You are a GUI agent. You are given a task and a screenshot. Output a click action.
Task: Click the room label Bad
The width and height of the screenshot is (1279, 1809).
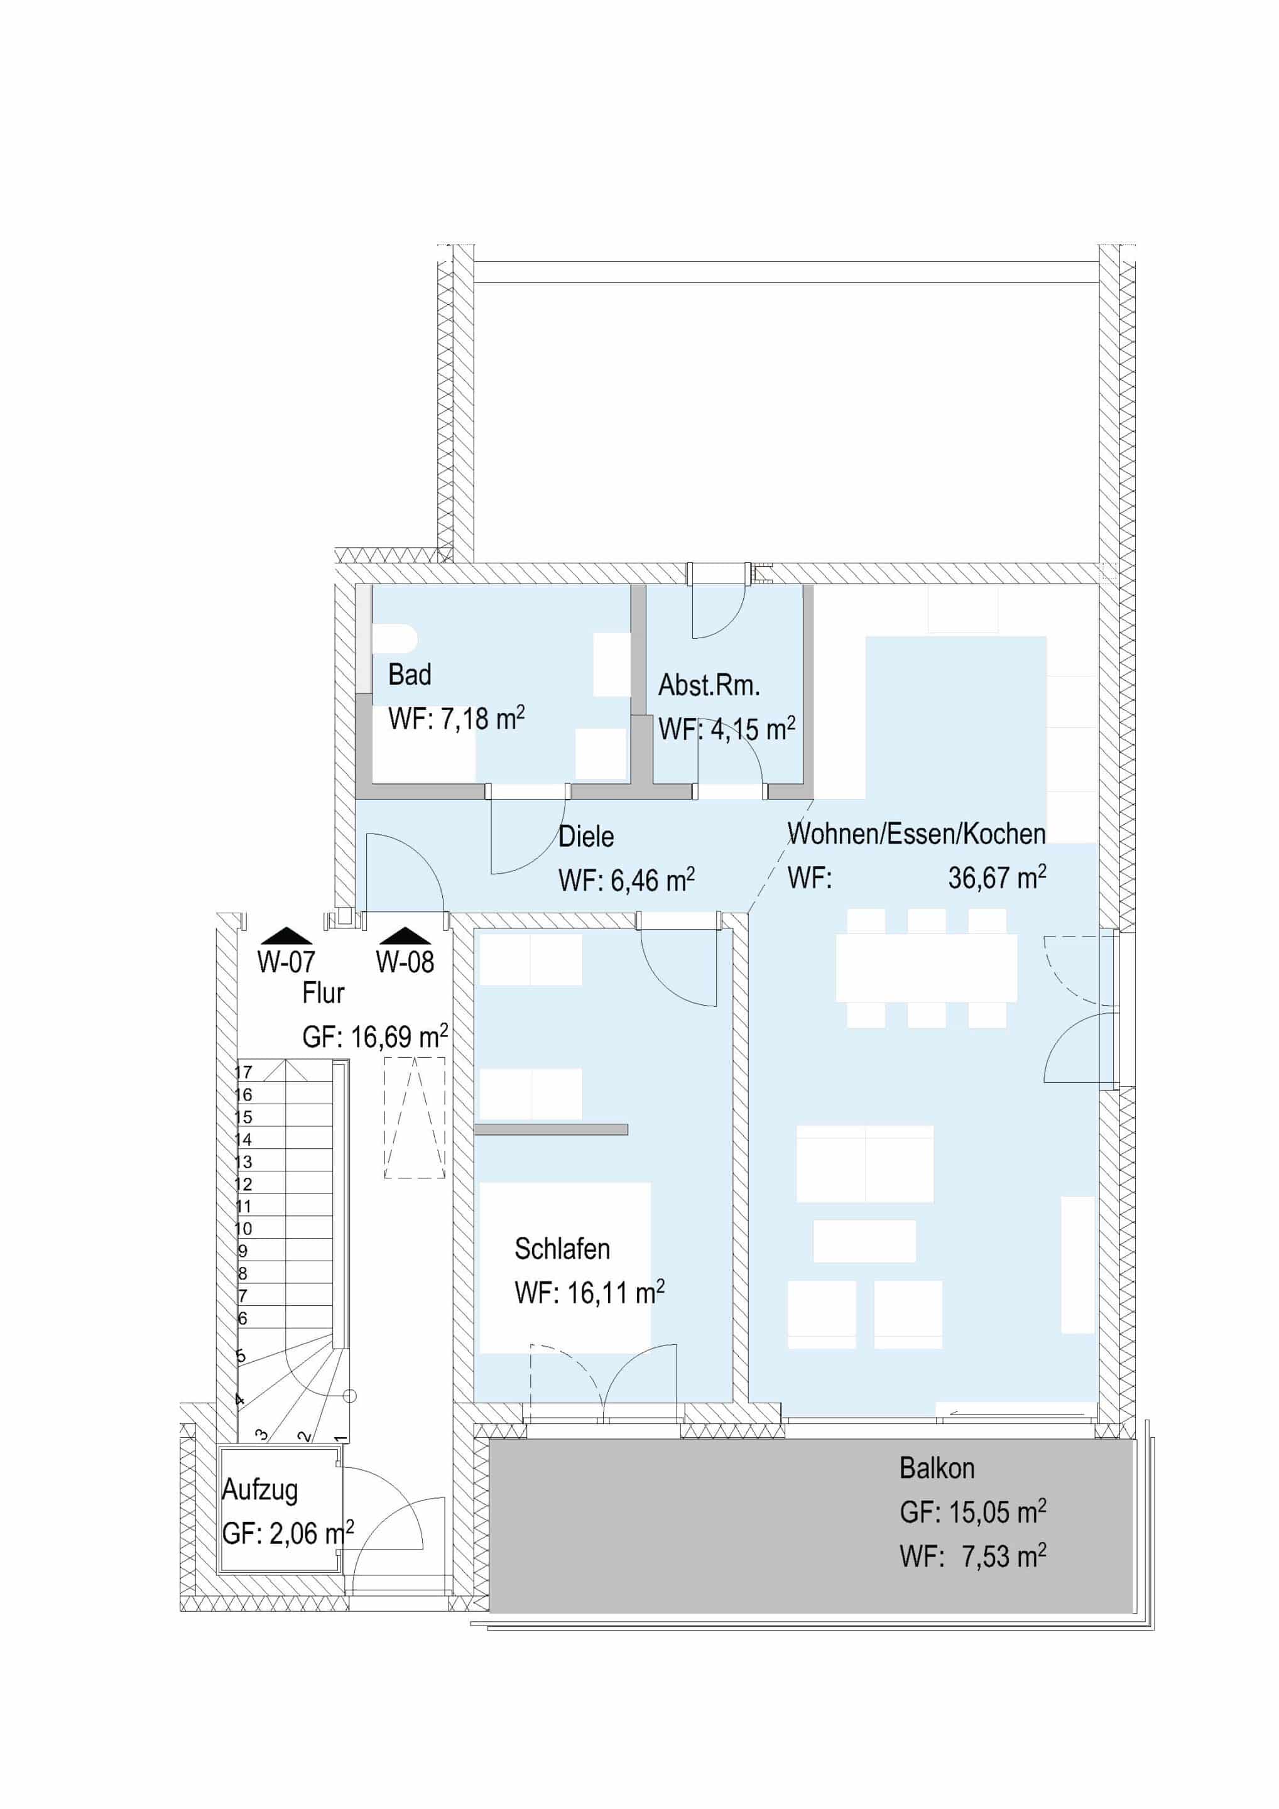pyautogui.click(x=410, y=675)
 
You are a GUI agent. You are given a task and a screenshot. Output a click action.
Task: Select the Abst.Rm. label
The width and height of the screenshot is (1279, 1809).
pyautogui.click(x=709, y=685)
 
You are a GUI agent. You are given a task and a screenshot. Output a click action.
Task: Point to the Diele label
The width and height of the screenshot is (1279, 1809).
pyautogui.click(x=586, y=836)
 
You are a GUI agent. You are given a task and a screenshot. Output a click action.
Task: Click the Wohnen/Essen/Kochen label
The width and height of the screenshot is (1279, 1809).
pyautogui.click(x=917, y=834)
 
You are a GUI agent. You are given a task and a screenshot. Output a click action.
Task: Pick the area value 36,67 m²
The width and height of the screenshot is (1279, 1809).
pyautogui.click(x=997, y=877)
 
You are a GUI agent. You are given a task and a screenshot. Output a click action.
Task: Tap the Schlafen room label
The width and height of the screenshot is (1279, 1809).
pyautogui.click(x=562, y=1249)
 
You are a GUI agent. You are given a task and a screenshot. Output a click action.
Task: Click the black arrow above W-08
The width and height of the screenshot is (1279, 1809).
pyautogui.click(x=405, y=935)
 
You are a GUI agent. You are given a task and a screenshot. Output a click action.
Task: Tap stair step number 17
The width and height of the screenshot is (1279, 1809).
pyautogui.click(x=244, y=1072)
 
